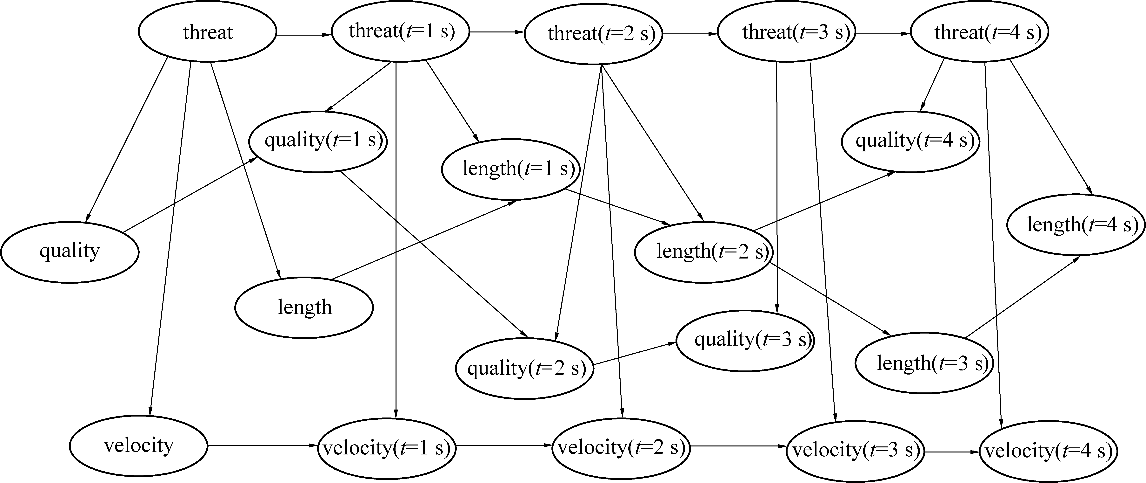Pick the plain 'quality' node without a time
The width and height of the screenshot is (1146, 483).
pos(70,252)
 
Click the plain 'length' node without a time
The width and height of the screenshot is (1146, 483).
pos(304,307)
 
